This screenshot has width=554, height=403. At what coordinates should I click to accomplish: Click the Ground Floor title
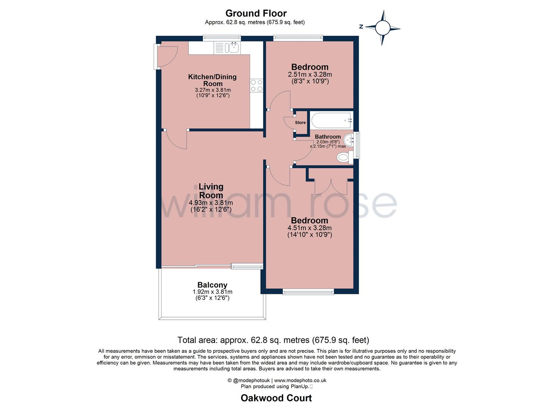tap(256, 13)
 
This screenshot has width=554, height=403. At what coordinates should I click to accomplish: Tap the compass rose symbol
tap(382, 28)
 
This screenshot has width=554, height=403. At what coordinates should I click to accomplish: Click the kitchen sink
tap(234, 48)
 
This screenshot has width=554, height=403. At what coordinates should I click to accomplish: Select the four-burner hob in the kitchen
tap(256, 85)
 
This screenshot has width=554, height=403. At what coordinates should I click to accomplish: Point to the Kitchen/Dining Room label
tap(212, 80)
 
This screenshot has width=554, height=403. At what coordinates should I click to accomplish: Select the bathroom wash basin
tap(349, 140)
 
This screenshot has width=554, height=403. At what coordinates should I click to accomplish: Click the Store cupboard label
tap(300, 122)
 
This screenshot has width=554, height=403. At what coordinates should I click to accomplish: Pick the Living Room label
tap(211, 191)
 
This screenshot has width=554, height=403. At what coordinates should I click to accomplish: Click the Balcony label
tap(212, 285)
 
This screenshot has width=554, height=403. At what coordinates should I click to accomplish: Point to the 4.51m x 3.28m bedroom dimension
tap(309, 228)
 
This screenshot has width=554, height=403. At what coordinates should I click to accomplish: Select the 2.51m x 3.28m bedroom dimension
tap(310, 75)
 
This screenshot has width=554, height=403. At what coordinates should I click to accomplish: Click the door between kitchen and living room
tap(175, 140)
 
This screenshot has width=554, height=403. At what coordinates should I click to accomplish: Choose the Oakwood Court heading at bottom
tap(276, 398)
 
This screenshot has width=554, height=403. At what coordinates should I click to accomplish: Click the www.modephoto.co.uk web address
tap(300, 381)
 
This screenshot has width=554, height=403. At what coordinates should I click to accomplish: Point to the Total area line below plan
tap(273, 340)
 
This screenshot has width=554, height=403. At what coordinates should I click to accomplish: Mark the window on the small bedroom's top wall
tap(298, 37)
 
